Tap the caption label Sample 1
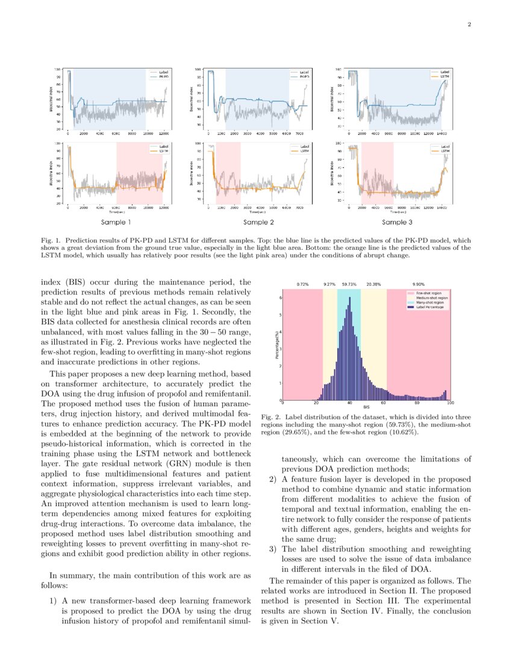[116, 222]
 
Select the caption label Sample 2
[259, 222]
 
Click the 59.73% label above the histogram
[349, 283]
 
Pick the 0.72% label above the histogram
[304, 283]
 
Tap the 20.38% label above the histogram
[373, 283]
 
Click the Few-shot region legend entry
[424, 292]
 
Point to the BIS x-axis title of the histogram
[366, 408]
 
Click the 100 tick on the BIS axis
[450, 403]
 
